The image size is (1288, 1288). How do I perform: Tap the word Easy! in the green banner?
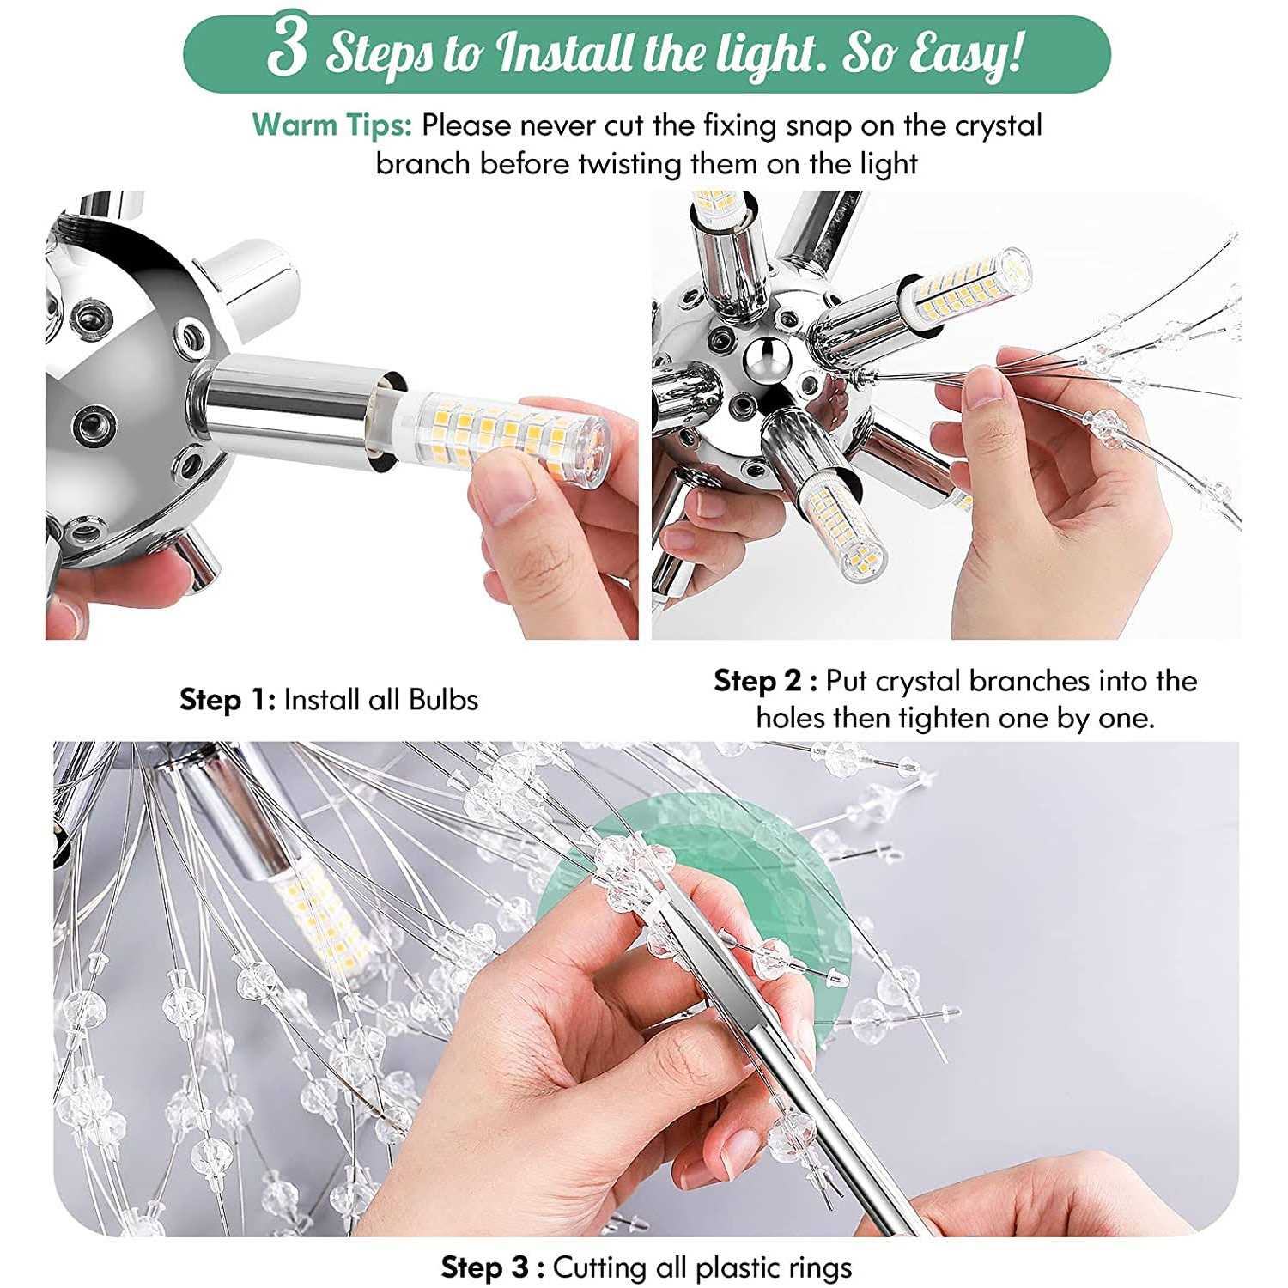click(x=966, y=53)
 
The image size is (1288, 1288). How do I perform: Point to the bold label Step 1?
click(x=228, y=700)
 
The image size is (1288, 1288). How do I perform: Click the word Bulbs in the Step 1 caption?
click(x=443, y=700)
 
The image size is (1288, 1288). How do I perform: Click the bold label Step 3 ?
click(x=492, y=1267)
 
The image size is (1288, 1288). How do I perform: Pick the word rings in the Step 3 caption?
click(x=817, y=1267)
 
